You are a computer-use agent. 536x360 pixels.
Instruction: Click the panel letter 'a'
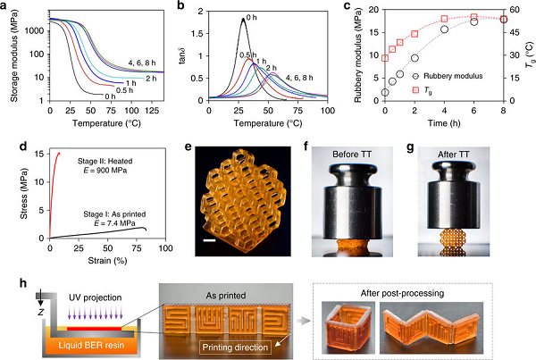6,7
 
